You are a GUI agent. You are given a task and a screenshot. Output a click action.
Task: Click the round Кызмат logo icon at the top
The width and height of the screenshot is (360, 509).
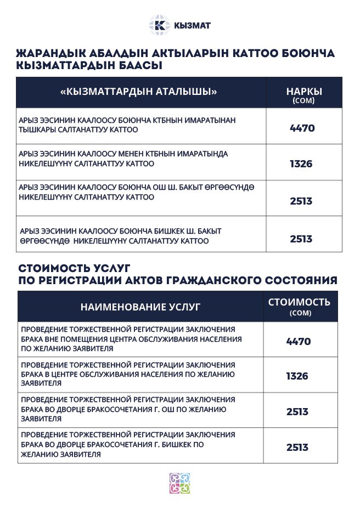point(160,25)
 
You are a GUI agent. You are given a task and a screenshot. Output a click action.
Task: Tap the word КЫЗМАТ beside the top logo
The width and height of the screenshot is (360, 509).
point(192,26)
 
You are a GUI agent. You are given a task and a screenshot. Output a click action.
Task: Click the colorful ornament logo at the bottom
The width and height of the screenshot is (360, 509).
point(179,483)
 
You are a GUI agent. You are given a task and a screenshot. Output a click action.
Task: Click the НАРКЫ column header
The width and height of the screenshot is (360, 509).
point(304,91)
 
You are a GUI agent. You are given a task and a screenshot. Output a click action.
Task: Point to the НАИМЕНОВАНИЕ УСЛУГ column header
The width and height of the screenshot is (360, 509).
point(140,306)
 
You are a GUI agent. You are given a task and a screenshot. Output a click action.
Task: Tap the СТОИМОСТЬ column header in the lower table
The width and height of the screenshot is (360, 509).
point(299,302)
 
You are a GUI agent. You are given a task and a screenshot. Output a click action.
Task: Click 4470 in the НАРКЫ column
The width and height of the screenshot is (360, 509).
point(302,128)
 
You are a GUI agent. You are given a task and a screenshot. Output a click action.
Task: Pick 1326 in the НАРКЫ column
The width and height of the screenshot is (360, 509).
point(301,163)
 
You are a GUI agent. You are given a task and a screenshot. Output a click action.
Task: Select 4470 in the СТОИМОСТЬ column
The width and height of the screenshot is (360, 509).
point(299,341)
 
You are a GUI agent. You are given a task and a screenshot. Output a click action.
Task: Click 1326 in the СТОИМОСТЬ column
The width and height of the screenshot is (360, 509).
point(297,376)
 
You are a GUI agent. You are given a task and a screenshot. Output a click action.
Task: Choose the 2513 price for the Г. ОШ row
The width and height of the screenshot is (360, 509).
point(297,412)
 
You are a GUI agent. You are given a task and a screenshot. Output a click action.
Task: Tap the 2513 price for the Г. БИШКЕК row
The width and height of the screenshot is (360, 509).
point(297,447)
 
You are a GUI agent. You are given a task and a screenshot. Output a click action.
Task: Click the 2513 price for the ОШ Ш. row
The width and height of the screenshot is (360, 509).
point(301,201)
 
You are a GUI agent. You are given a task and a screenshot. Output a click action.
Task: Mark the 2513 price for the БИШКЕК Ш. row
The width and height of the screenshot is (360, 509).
point(301,239)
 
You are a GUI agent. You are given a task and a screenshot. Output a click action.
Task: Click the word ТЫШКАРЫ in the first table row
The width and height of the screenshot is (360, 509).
point(37,130)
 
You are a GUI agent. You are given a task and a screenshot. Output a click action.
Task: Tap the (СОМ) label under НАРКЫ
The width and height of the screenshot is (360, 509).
point(303,101)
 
